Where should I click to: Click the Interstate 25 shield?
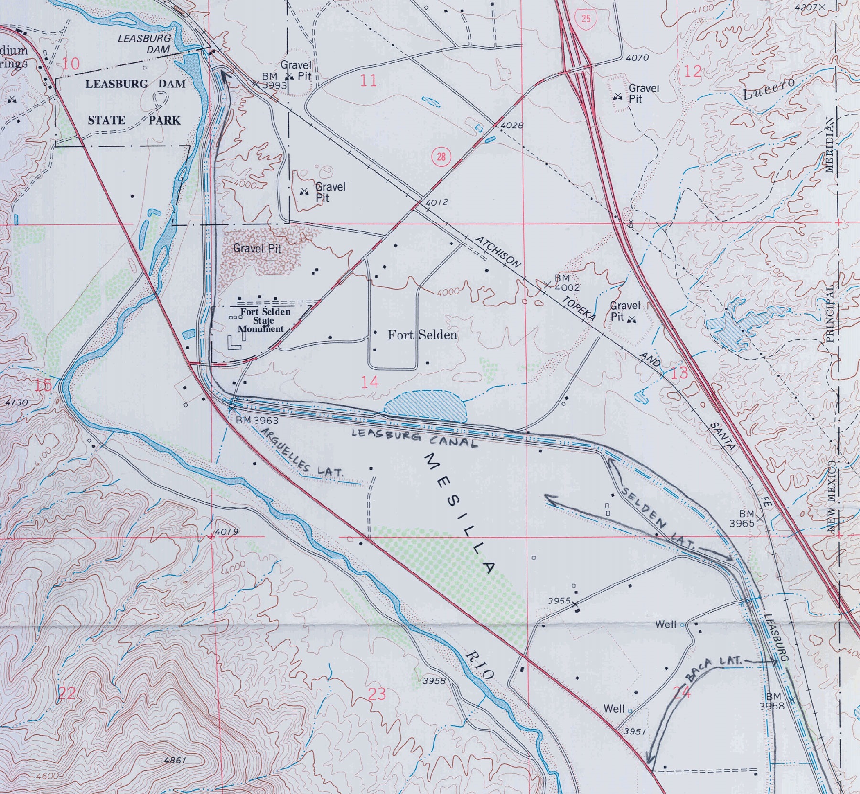click(586, 19)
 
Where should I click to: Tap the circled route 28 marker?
click(441, 157)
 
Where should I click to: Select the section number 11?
click(368, 81)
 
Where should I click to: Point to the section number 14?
click(369, 381)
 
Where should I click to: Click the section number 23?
click(376, 694)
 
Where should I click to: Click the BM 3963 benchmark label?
click(257, 420)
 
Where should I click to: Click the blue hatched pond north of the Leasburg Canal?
click(425, 406)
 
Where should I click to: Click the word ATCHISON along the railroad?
click(498, 252)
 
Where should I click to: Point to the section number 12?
click(693, 72)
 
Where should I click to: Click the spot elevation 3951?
click(634, 731)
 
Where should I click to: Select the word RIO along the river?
click(479, 665)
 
